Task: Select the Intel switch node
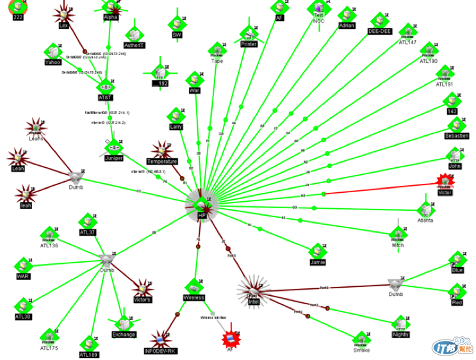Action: pyautogui.click(x=252, y=292)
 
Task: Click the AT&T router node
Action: pyautogui.click(x=106, y=86)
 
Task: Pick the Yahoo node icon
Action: pyautogui.click(x=53, y=52)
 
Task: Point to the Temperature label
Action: pyautogui.click(x=161, y=161)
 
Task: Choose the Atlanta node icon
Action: pyautogui.click(x=425, y=209)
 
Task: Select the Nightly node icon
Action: pyautogui.click(x=400, y=323)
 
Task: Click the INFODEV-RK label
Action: pyautogui.click(x=160, y=350)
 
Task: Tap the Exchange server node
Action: pyautogui.click(x=124, y=323)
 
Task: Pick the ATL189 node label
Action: pyautogui.click(x=88, y=354)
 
